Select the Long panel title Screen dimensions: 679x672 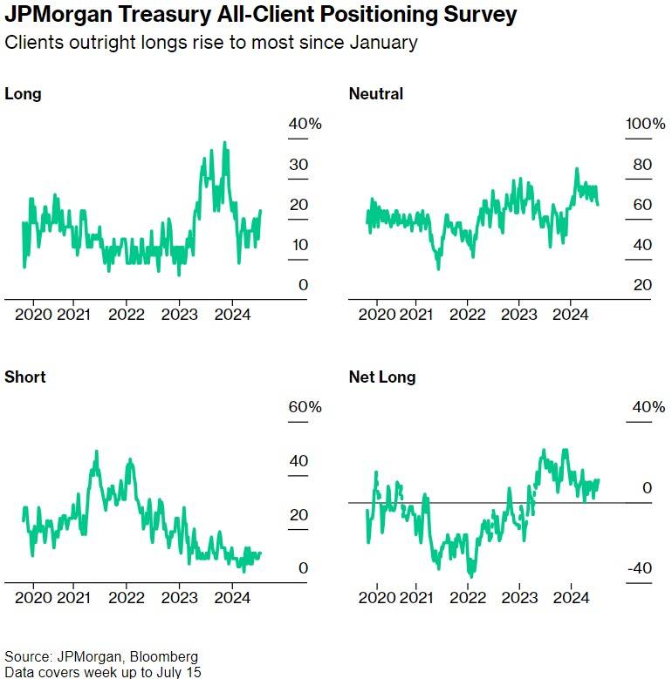23,93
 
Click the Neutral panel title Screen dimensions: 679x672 375,93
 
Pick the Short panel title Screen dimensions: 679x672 24,377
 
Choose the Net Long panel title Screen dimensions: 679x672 381,377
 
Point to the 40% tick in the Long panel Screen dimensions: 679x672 305,124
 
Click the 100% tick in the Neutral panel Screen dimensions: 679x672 645,124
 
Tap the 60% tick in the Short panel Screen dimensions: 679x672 305,407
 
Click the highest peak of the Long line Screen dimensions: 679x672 225,142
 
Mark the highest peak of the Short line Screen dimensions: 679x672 96,452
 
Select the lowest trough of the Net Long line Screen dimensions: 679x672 472,577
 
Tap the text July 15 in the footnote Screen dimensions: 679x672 181,671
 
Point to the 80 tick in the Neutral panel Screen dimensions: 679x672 643,165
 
